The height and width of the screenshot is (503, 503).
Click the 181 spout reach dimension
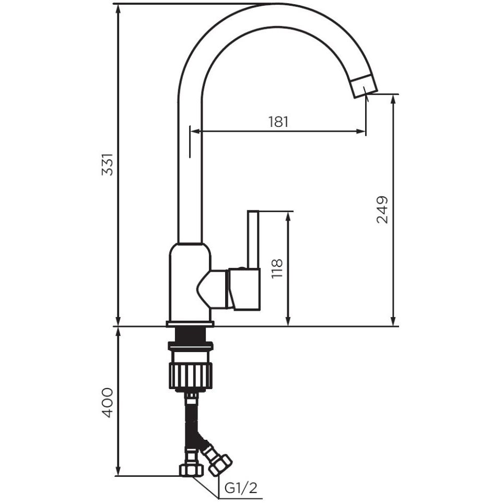click(278, 122)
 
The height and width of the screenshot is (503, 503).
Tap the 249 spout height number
click(382, 209)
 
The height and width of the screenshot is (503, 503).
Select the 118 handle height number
click(277, 268)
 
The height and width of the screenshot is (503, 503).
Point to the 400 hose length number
click(108, 403)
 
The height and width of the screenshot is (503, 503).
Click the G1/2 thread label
click(241, 488)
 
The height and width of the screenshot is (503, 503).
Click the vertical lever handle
click(253, 240)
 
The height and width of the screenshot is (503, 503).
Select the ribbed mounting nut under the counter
click(191, 376)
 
